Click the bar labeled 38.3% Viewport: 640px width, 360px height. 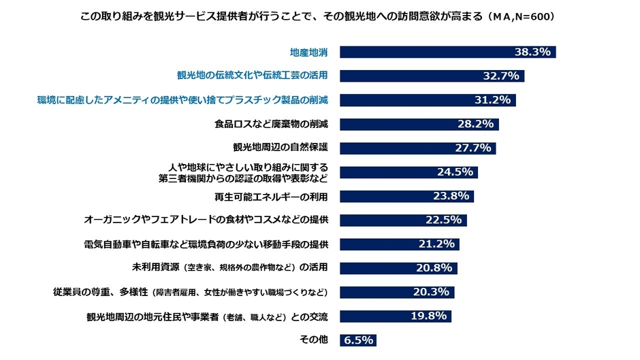tap(448, 52)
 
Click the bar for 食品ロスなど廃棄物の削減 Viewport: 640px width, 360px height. tap(419, 125)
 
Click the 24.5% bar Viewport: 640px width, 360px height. tap(409, 172)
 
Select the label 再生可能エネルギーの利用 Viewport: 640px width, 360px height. tap(272, 197)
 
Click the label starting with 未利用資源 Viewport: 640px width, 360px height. tap(225, 268)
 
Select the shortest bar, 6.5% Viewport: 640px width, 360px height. tap(357, 340)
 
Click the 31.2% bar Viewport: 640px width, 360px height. tap(428, 100)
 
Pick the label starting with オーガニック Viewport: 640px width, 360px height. tap(206, 220)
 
